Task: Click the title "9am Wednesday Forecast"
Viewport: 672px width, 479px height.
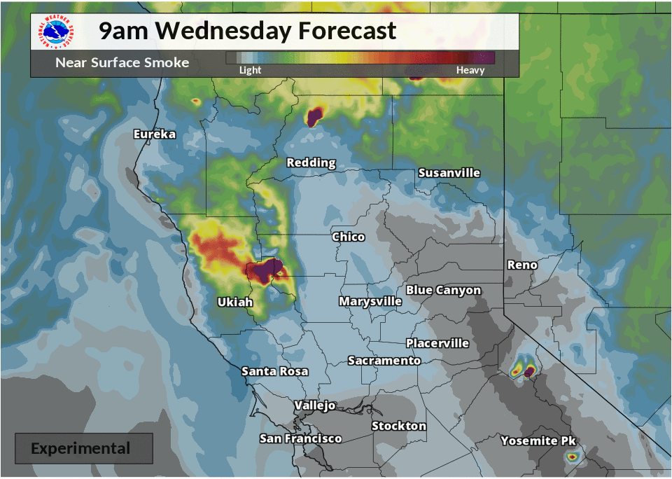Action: pyautogui.click(x=247, y=31)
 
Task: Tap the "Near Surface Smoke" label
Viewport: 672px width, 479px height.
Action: pyautogui.click(x=122, y=63)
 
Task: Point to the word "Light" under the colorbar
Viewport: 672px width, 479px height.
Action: pyautogui.click(x=250, y=70)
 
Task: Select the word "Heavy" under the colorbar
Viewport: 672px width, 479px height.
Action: pyautogui.click(x=470, y=70)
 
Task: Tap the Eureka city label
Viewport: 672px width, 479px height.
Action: pyautogui.click(x=155, y=134)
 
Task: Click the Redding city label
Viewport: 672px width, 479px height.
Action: pyautogui.click(x=311, y=162)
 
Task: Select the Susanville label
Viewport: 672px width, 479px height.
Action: pyautogui.click(x=449, y=172)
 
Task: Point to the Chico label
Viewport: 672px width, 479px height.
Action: pyautogui.click(x=348, y=237)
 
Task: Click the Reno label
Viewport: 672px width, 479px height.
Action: pyautogui.click(x=521, y=265)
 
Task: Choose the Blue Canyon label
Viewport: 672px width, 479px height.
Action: pyautogui.click(x=443, y=290)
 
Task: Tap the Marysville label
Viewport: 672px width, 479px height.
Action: pyautogui.click(x=370, y=301)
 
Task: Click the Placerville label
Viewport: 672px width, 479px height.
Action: pyautogui.click(x=437, y=343)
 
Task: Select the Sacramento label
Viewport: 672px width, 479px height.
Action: pyautogui.click(x=384, y=360)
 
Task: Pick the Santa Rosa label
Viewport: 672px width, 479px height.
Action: pyautogui.click(x=274, y=371)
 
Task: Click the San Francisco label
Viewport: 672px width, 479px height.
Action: pyautogui.click(x=300, y=438)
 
